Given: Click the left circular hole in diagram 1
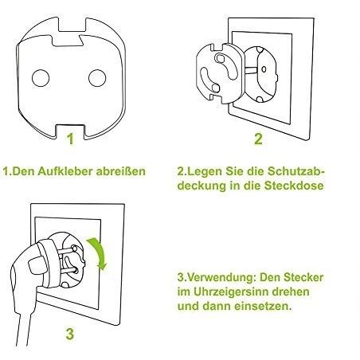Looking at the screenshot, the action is coord(41,78).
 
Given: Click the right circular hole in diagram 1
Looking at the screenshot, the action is coord(97,78).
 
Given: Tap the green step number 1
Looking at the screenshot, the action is coord(70,139).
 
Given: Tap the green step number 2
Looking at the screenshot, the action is coord(258,139).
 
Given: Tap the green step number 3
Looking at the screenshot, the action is coord(70,334).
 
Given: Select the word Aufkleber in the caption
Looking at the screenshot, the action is coord(65,171).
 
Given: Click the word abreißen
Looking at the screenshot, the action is coord(121,171).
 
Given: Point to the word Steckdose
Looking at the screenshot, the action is coord(294,186).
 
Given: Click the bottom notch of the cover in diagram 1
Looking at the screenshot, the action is coord(71,131).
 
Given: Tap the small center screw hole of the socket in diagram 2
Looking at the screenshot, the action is coord(264,69).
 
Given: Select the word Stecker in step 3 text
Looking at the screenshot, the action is coord(303,277).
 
